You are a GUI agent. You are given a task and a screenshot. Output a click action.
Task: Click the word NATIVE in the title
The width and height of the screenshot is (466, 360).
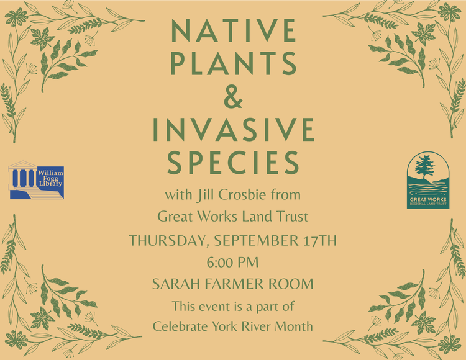pyautogui.click(x=234, y=30)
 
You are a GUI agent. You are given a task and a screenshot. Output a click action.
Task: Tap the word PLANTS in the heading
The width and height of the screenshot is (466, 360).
pyautogui.click(x=234, y=63)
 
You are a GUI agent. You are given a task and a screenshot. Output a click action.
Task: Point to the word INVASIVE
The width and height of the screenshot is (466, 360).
pyautogui.click(x=234, y=129)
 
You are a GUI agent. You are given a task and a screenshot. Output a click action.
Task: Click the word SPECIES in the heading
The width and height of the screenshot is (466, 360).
pyautogui.click(x=233, y=163)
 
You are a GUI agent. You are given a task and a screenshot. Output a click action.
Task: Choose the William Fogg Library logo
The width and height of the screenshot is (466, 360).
pyautogui.click(x=36, y=180)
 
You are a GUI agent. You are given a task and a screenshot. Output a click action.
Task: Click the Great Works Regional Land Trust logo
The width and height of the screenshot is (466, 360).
pyautogui.click(x=428, y=180)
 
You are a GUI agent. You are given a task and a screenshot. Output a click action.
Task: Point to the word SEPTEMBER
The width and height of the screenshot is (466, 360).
pyautogui.click(x=256, y=240)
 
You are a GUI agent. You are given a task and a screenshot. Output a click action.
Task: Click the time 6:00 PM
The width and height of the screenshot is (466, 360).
pyautogui.click(x=233, y=263)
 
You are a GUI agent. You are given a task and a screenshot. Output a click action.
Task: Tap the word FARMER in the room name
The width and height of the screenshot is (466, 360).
pyautogui.click(x=234, y=284)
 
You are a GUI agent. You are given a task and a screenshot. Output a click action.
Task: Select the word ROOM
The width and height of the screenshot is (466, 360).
pyautogui.click(x=291, y=284)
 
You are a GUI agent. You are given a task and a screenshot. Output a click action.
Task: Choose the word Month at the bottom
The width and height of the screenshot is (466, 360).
pyautogui.click(x=294, y=326)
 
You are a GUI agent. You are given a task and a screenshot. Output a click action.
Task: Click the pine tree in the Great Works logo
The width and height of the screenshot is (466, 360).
pyautogui.click(x=425, y=167)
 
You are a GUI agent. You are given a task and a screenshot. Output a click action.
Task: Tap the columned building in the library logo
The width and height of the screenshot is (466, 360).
pyautogui.click(x=22, y=176)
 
